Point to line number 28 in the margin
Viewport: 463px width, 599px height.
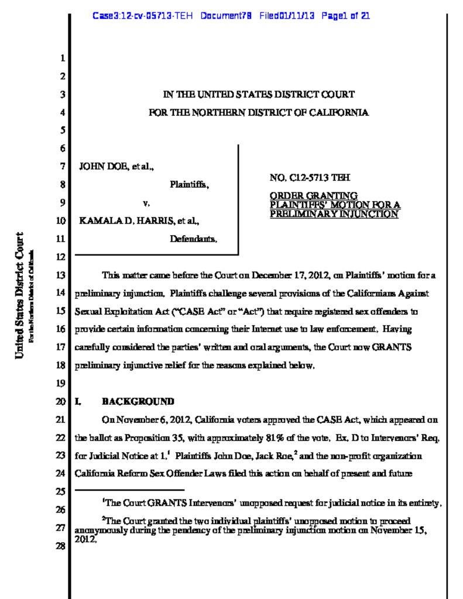click(61, 550)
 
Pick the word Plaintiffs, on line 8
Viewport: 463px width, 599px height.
click(190, 185)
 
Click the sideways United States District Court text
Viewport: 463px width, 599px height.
click(20, 295)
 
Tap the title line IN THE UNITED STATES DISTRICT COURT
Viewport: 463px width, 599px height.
click(258, 94)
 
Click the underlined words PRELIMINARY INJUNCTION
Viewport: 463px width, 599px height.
click(334, 214)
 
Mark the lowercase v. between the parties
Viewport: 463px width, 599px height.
click(147, 204)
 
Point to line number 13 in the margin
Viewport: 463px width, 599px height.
click(61, 275)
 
